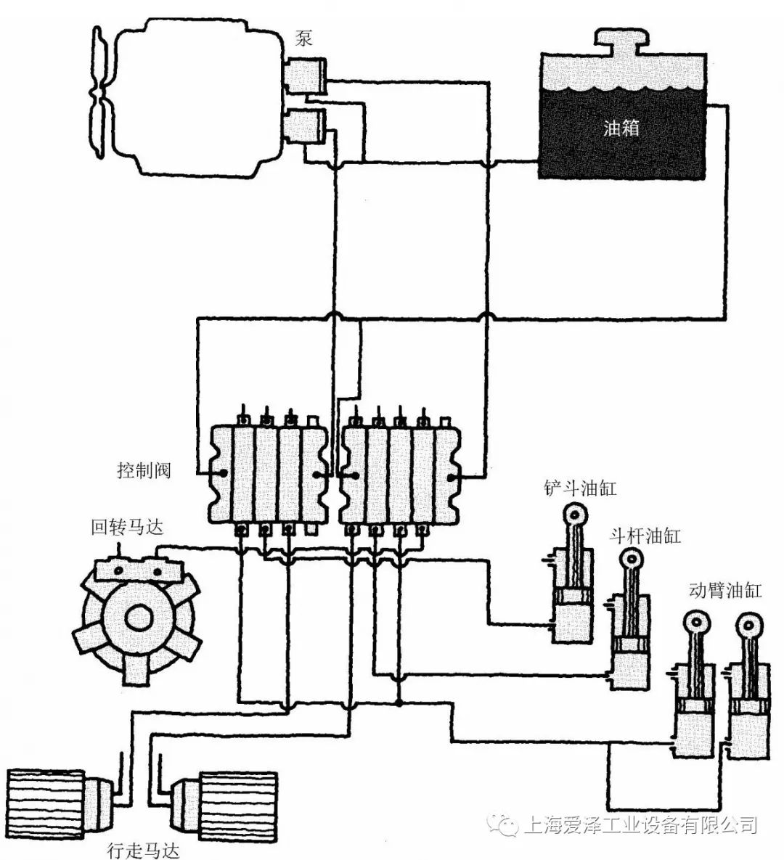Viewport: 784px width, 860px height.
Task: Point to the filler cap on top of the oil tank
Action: [621, 44]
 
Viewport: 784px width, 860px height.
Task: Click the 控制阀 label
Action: [144, 470]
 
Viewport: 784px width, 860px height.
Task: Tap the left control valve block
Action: [266, 474]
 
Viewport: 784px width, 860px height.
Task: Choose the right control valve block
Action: [400, 474]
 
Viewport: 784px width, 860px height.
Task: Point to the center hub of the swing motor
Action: [138, 618]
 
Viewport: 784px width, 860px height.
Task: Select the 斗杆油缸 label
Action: [644, 536]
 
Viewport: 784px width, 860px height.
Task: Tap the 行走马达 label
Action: [142, 849]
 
